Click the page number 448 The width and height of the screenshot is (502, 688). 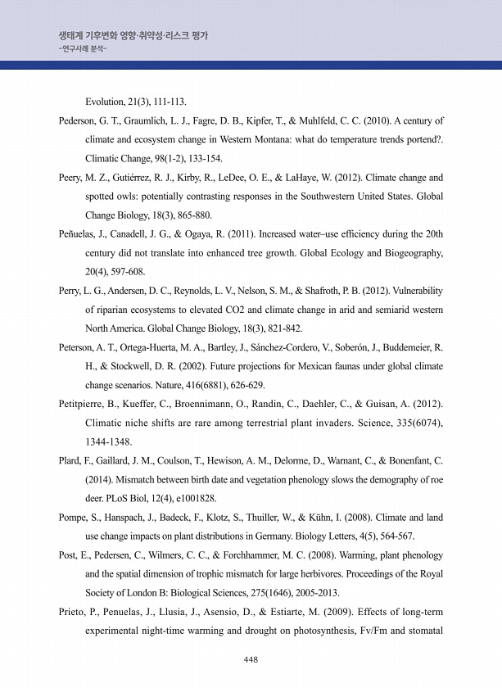click(251, 659)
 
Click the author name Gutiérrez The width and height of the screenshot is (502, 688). click(132, 177)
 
